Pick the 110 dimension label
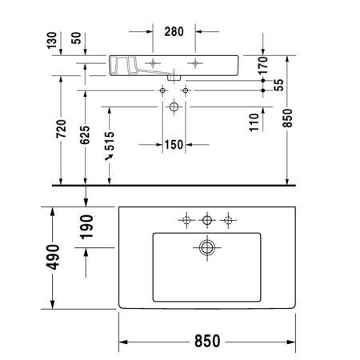pyautogui.click(x=254, y=122)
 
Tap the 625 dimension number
pyautogui.click(x=85, y=137)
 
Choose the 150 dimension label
pyautogui.click(x=174, y=145)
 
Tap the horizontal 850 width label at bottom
pyautogui.click(x=206, y=341)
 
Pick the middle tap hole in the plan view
pyautogui.click(x=207, y=219)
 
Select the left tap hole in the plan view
pyautogui.click(x=186, y=219)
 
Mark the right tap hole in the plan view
pyautogui.click(x=229, y=219)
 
